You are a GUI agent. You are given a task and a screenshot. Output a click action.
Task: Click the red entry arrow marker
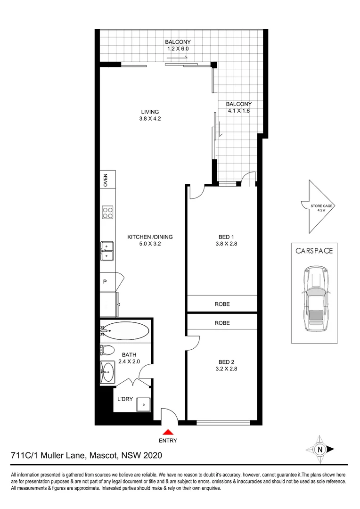tap(168, 431)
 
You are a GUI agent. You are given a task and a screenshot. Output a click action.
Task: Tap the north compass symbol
tap(320, 449)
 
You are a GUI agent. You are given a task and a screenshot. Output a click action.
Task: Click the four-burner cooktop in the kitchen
tap(107, 213)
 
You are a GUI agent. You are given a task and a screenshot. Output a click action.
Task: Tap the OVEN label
tap(106, 180)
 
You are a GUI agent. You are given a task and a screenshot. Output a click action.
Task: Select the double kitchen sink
tap(107, 251)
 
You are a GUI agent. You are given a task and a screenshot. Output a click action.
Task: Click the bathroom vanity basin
tap(107, 372)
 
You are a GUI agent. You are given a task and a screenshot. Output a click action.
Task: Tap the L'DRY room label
tap(125, 399)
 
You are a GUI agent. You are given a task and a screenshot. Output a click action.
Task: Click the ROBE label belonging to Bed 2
tap(222, 323)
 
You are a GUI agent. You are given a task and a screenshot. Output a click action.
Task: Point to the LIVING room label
tap(150, 112)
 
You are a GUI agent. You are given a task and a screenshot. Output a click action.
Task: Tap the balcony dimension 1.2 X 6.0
tap(178, 49)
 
